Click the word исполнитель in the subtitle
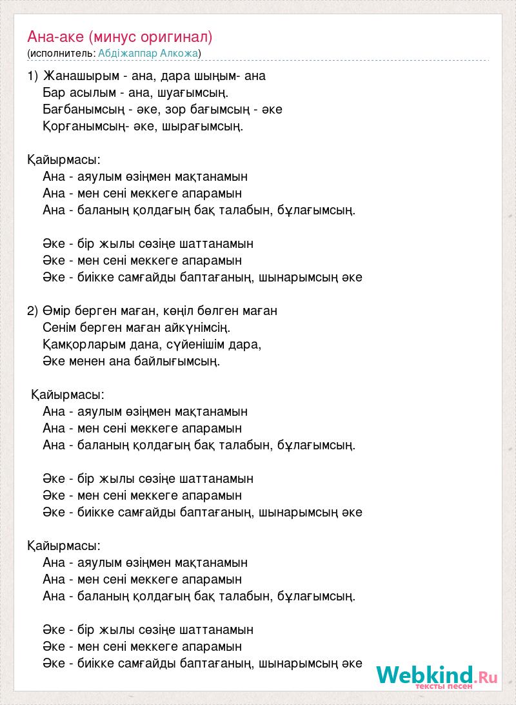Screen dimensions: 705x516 61,53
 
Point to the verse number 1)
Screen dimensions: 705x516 34,76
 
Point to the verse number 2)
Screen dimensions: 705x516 34,311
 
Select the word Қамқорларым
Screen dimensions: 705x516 82,344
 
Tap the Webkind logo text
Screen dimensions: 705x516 426,675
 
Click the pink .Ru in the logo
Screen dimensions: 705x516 487,677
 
